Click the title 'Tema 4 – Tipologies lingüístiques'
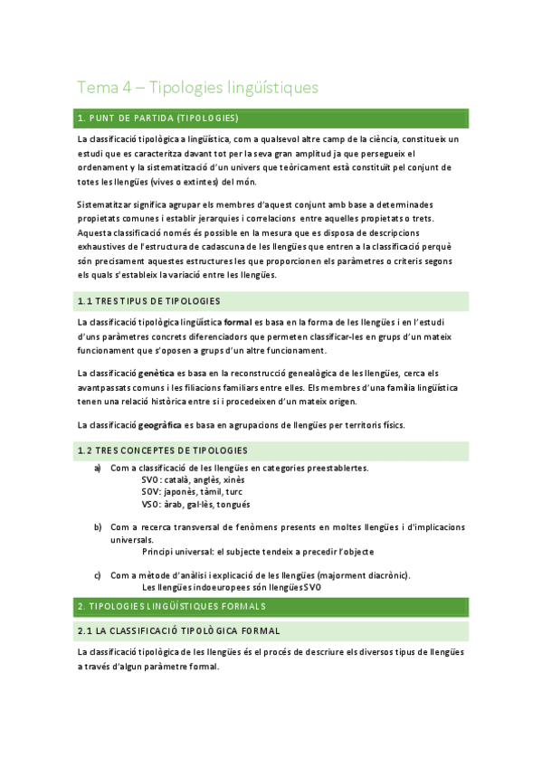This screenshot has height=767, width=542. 197,88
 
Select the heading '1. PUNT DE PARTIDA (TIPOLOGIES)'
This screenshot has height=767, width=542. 158,118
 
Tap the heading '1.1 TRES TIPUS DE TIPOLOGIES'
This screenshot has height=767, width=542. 149,300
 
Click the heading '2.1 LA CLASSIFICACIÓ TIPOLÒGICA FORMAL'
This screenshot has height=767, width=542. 179,630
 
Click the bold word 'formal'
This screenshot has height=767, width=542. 237,323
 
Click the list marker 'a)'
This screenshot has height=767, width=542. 97,469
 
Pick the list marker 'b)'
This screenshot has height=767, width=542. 97,526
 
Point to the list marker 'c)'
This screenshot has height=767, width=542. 97,574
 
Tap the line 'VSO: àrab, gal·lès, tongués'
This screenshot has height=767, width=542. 196,504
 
